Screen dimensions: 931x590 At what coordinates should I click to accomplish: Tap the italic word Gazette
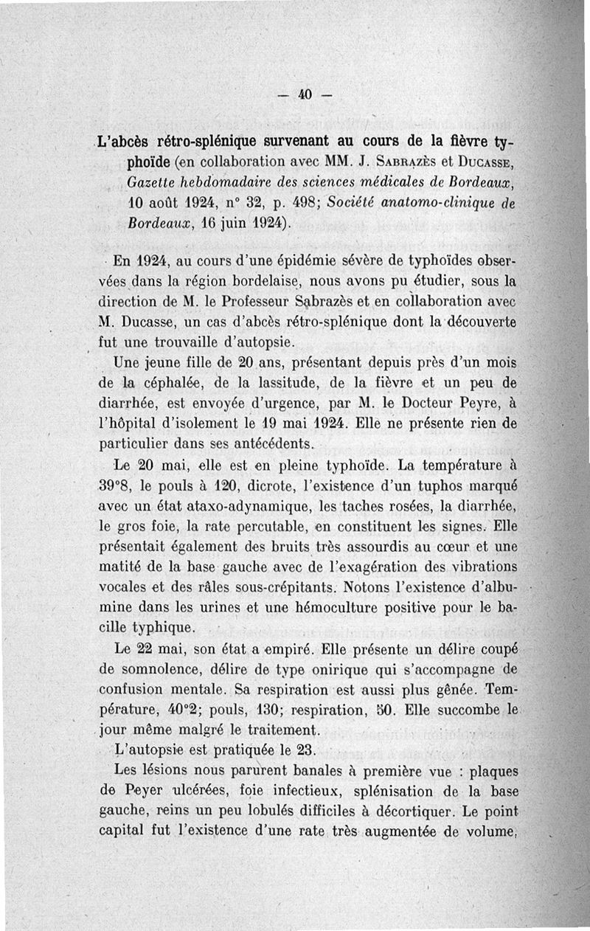pyautogui.click(x=145, y=181)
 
